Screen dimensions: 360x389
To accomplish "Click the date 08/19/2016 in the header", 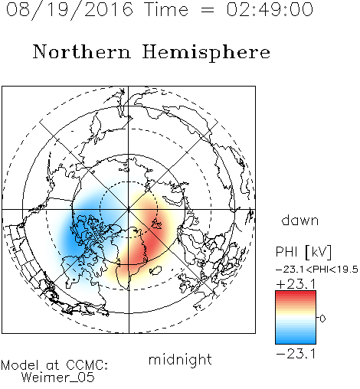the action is point(70,10).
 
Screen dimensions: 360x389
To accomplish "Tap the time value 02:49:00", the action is point(270,9).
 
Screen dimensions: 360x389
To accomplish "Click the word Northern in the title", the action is point(82,51).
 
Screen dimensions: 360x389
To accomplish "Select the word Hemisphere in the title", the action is point(206,52).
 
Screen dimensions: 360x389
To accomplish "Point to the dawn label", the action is point(300,220).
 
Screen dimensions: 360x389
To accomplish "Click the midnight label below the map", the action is point(180,359).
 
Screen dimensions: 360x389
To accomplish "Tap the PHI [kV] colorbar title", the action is point(303,252).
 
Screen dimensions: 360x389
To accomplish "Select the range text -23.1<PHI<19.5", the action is point(317,270).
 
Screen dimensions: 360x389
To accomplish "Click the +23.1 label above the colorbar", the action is point(296,284).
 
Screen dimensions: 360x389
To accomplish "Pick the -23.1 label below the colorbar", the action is point(296,354).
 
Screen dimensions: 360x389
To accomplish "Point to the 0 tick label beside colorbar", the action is point(322,319).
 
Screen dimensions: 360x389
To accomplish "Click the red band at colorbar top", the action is point(296,295).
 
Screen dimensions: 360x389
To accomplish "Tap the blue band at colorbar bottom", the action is point(296,339).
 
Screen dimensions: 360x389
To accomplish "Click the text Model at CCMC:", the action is point(54,365).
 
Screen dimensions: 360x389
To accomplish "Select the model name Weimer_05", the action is point(58,378).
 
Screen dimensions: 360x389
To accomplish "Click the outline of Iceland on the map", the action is point(155,270).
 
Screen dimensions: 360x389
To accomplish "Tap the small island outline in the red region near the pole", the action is point(156,224).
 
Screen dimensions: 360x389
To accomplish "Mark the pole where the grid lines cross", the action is point(129,209).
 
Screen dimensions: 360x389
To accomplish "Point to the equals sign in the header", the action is point(208,10).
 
